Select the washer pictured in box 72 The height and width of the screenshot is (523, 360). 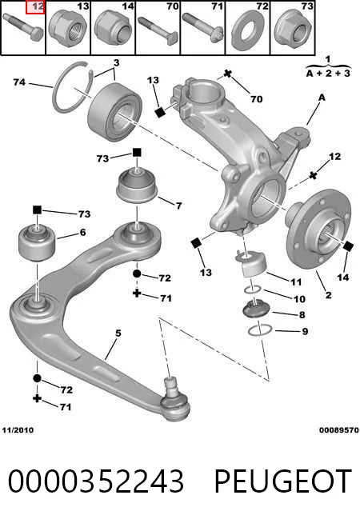coord(247,34)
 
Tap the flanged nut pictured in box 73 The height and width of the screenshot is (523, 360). coord(293,28)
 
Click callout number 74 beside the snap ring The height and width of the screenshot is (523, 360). coord(19,82)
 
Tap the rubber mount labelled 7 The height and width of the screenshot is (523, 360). coord(137,186)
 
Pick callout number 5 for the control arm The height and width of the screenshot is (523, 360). coord(118,333)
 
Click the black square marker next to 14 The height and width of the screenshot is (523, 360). coord(348,246)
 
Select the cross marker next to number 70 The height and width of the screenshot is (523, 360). coord(227,74)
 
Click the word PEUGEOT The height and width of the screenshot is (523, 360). coord(282,481)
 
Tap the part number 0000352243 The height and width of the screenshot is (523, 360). coord(96,481)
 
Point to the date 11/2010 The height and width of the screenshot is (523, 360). coord(18,430)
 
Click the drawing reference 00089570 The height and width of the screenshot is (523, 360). coord(339,430)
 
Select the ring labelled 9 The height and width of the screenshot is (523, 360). coord(259,330)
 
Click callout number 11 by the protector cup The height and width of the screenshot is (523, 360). coord(296,281)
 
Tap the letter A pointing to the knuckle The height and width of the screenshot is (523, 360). coord(322,98)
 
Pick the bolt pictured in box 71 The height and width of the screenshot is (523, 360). coord(202,28)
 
